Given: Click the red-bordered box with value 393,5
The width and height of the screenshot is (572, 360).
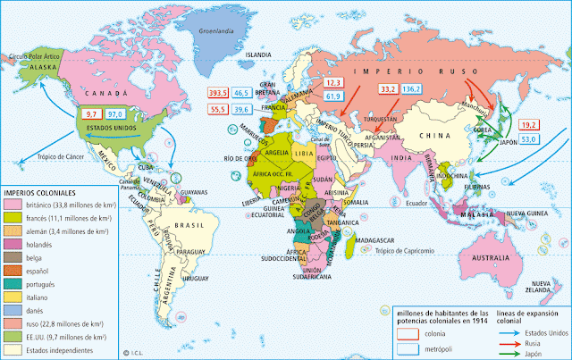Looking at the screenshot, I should [218, 92].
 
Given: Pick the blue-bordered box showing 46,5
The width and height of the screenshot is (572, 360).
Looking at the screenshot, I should [242, 92].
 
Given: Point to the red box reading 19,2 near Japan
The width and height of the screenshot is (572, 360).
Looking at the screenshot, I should [528, 125].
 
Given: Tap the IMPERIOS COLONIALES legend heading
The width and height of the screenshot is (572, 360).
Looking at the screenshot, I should [40, 191].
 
